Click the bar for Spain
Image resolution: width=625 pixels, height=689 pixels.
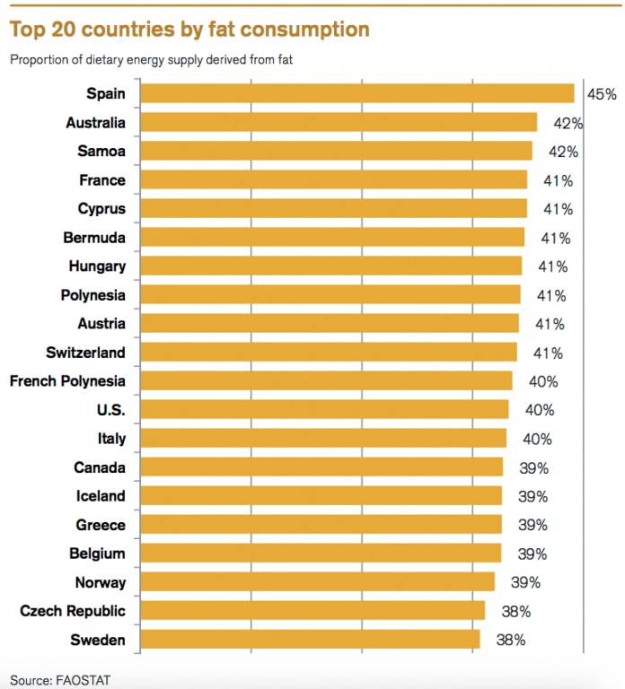coord(357,93)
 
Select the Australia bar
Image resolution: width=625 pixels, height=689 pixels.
coord(339,123)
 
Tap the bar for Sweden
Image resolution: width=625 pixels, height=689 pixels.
coord(311,640)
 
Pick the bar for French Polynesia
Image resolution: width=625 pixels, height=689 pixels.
coord(327,381)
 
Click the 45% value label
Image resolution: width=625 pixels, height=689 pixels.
coord(602,94)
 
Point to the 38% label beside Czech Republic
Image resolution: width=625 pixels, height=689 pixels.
coord(515,611)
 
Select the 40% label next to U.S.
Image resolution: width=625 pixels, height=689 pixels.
coord(540,410)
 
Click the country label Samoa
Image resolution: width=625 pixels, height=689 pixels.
coord(101,152)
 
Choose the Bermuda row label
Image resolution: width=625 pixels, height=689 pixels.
coord(94,238)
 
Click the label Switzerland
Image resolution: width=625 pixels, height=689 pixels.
coord(85,353)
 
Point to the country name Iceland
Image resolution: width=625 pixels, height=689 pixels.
coord(100,496)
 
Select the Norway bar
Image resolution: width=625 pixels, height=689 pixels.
coord(318,582)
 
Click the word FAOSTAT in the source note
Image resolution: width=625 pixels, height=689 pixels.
coord(86,679)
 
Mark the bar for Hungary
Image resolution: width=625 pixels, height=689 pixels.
coord(331,266)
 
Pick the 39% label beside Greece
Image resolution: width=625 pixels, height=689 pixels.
coord(533,525)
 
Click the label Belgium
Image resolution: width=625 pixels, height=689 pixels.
coord(97,554)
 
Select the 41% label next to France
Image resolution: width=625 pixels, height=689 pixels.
coord(558,180)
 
